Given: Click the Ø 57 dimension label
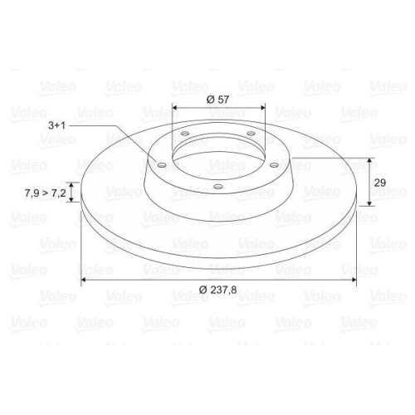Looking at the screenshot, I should (x=217, y=99).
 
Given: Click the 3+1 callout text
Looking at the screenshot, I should (x=58, y=125).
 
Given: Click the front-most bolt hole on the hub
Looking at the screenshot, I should (x=217, y=185).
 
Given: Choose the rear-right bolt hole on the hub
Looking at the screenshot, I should (x=250, y=133).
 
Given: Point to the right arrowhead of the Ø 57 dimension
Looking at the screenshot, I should (x=261, y=108).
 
